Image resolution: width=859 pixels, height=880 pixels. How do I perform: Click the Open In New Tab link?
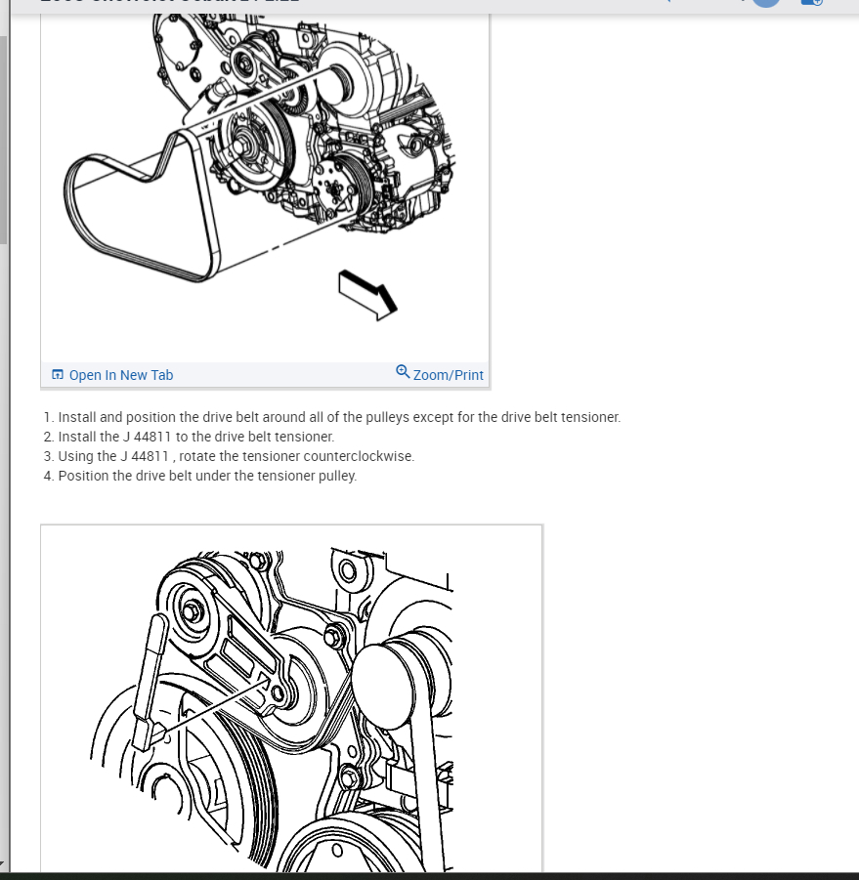pyautogui.click(x=121, y=375)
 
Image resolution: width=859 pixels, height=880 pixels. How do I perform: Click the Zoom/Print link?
pyautogui.click(x=449, y=375)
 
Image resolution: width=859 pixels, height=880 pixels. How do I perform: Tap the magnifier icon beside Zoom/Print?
pyautogui.click(x=403, y=372)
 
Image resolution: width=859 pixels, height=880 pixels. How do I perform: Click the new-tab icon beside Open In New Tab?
pyautogui.click(x=58, y=375)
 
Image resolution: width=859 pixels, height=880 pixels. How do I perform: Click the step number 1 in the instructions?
pyautogui.click(x=48, y=417)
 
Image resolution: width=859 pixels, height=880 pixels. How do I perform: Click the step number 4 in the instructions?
pyautogui.click(x=48, y=476)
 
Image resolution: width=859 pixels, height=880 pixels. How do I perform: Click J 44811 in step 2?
pyautogui.click(x=147, y=437)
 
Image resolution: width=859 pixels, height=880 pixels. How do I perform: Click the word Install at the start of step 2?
pyautogui.click(x=78, y=437)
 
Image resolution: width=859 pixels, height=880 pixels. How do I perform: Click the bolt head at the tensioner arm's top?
pyautogui.click(x=192, y=611)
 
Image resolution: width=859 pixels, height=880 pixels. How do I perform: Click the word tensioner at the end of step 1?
pyautogui.click(x=589, y=417)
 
